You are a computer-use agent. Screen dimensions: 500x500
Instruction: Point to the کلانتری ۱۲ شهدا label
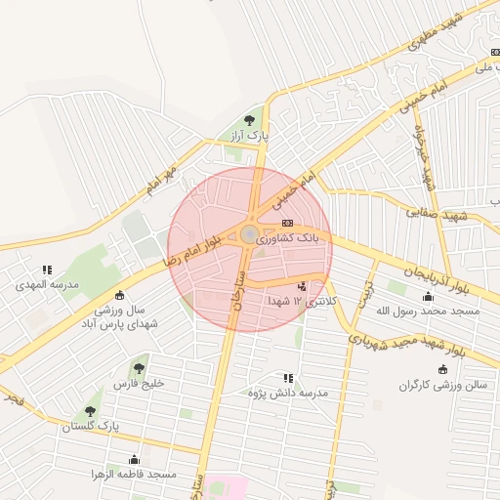(302, 301)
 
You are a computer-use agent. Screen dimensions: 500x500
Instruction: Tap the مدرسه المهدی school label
(46, 285)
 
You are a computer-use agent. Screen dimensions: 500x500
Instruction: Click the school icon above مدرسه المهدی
(46, 271)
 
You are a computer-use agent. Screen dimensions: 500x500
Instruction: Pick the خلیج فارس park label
(139, 383)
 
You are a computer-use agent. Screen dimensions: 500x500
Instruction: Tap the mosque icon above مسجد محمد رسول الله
(428, 296)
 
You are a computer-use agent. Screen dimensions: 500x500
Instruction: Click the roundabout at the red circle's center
(250, 234)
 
